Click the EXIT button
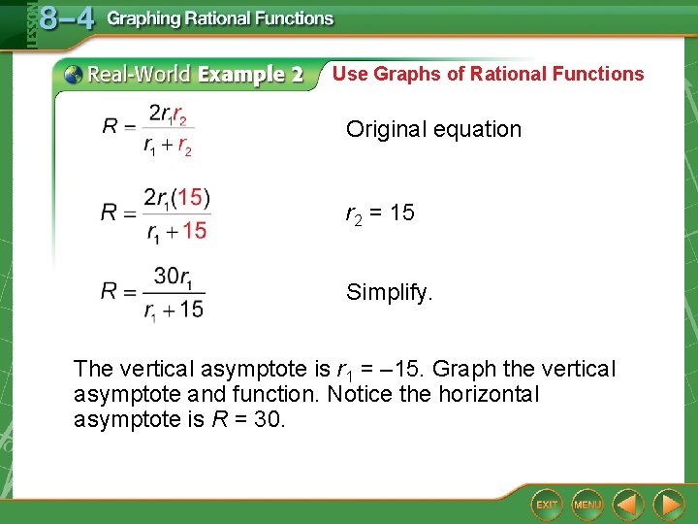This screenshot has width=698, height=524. point(547,505)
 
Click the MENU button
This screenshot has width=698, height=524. point(587,505)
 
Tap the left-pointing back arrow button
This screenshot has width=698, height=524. point(628,505)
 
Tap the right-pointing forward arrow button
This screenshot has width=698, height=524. point(668,505)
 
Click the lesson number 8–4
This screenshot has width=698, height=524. point(67,19)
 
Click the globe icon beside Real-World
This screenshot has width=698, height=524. point(72,75)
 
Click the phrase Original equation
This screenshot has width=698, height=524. point(433,129)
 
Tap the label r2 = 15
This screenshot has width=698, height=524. point(380,213)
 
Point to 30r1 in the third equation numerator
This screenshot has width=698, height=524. point(174,277)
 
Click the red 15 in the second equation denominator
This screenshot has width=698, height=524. point(194,231)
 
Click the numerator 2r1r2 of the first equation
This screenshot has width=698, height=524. point(168,115)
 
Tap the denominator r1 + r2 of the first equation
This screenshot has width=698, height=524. point(168,147)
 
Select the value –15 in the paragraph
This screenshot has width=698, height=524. point(405,370)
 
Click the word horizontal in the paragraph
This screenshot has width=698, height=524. point(490,395)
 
